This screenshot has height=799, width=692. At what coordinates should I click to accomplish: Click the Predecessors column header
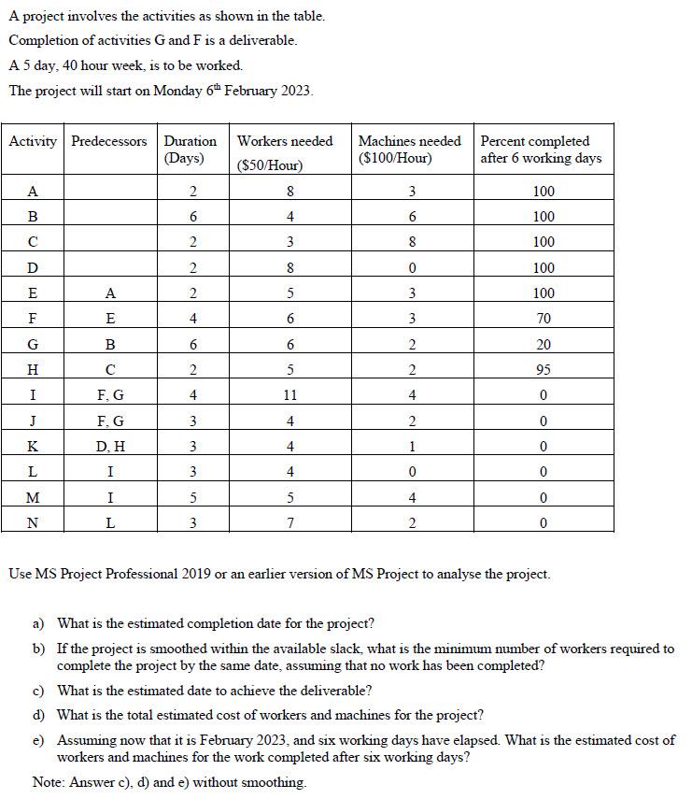[x=109, y=141]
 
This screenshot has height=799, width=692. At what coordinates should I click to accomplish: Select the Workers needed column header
[x=285, y=141]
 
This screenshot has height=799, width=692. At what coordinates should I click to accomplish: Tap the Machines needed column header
[x=409, y=141]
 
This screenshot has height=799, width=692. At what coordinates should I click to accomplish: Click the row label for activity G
[x=33, y=343]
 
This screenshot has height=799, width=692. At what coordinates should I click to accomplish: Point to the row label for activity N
[x=33, y=522]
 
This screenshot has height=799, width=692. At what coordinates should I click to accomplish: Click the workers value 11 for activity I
[x=291, y=395]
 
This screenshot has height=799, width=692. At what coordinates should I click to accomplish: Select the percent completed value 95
[x=544, y=369]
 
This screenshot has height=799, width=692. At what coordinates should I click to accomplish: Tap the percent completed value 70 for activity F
[x=544, y=318]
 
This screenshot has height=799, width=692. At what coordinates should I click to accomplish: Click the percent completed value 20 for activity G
[x=544, y=343]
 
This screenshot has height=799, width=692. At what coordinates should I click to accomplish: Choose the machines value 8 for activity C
[x=411, y=241]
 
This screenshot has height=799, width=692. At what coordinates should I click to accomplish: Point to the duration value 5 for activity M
[x=192, y=497]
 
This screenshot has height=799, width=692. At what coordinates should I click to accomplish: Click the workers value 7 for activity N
[x=291, y=522]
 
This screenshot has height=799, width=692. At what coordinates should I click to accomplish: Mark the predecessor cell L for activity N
[x=109, y=522]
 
